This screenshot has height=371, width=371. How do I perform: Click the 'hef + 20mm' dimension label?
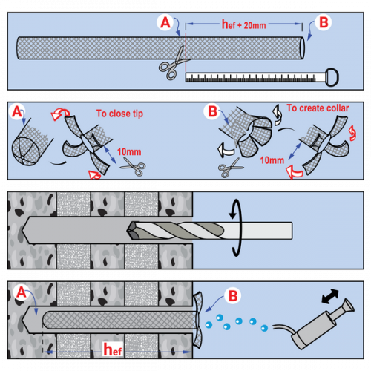243,24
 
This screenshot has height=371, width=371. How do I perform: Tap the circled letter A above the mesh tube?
165,22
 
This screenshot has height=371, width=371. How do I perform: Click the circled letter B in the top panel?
324,22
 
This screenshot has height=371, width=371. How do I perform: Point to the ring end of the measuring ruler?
332,77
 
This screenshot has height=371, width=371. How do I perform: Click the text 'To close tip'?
119,114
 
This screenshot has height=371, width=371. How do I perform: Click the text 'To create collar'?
318,108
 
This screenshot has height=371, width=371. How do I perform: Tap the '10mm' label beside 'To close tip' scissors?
129,152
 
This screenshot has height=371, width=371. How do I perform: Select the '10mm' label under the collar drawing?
272,160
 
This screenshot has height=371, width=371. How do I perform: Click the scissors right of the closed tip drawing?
134,167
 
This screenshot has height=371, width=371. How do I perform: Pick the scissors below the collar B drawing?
229,168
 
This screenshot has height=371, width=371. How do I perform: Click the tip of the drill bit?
128,231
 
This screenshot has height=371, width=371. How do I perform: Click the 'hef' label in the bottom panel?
113,349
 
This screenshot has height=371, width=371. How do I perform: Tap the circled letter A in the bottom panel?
22,292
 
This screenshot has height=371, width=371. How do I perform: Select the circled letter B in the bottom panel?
233,296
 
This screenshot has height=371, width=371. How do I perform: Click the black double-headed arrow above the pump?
330,296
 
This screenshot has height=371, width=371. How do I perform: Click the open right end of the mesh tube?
301,48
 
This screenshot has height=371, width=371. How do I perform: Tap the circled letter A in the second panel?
17,112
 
